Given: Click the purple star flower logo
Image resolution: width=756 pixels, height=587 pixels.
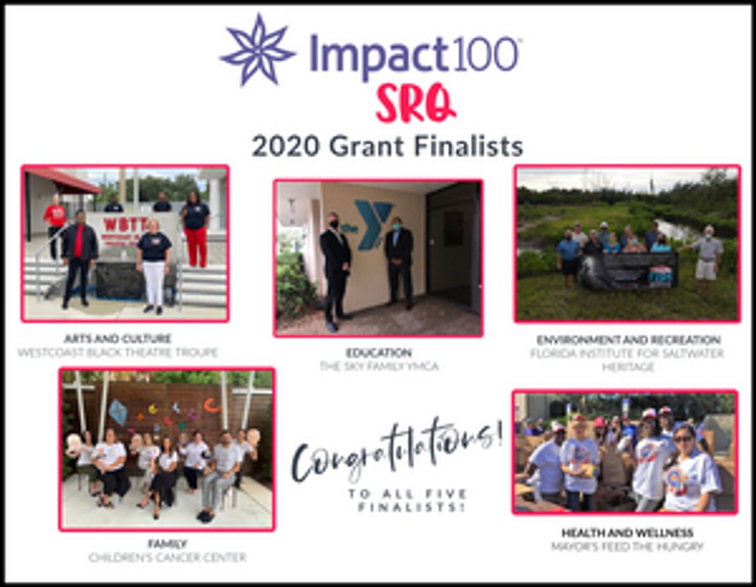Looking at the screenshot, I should (x=258, y=50).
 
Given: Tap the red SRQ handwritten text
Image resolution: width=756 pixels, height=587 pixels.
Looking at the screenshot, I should (x=415, y=103).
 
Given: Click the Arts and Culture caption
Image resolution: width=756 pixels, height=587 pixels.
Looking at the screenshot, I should (x=117, y=339).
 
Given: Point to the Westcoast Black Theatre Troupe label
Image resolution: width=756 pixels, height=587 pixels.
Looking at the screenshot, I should (x=117, y=353).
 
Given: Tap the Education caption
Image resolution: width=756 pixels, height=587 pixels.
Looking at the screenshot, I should (x=379, y=353).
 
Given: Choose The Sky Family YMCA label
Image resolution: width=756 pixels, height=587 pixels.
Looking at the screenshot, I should (x=379, y=366).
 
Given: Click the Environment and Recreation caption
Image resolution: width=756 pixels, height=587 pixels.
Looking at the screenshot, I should (x=628, y=340).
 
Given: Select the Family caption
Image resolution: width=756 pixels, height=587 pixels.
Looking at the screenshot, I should (x=167, y=543).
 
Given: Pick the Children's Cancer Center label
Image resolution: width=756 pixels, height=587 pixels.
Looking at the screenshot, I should (x=167, y=557).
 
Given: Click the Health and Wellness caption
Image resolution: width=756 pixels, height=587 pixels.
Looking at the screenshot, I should (x=627, y=532).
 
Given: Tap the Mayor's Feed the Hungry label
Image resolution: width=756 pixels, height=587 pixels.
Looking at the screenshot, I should (x=627, y=546).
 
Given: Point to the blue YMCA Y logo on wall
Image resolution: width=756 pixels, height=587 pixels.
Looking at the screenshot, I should (x=373, y=224).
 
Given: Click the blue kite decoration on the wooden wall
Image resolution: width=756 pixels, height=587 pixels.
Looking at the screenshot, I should (x=118, y=412).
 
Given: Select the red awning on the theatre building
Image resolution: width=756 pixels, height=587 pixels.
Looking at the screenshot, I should (x=65, y=181).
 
